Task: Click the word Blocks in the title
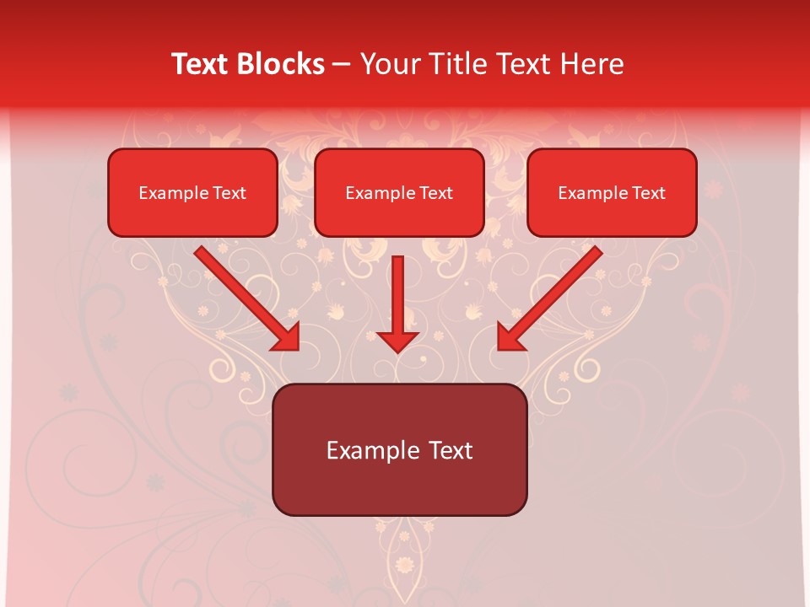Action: click(x=281, y=64)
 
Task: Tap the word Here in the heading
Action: click(x=591, y=64)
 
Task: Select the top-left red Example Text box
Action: click(x=192, y=193)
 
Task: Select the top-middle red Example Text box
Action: click(x=399, y=193)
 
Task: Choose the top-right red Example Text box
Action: click(x=612, y=193)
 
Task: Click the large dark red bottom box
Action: click(x=399, y=449)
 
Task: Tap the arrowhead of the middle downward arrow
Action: click(x=397, y=340)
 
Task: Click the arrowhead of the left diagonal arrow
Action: click(x=288, y=338)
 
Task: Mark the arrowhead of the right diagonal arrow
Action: click(x=510, y=338)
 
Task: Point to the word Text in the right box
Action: click(x=649, y=193)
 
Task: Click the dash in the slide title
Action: click(x=342, y=65)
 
